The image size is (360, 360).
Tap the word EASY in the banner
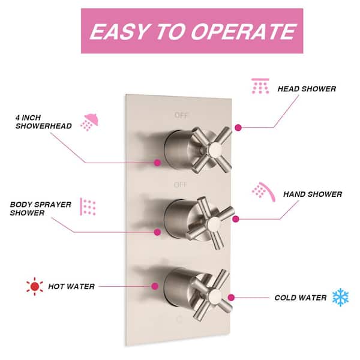[x=119, y=31]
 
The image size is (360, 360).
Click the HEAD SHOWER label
[x=307, y=89]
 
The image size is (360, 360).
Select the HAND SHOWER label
[x=313, y=194]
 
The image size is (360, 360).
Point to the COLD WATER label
[x=301, y=298]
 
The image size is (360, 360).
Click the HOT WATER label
[x=71, y=287]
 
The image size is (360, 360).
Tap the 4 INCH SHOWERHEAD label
[x=43, y=122]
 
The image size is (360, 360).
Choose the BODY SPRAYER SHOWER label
[x=40, y=209]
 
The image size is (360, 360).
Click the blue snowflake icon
[x=340, y=298]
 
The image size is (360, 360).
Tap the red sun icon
[x=35, y=286]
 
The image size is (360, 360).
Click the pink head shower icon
[x=260, y=86]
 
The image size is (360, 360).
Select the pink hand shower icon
[x=263, y=192]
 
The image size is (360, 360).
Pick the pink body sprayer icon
[x=88, y=206]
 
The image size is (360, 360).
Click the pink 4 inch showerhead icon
[x=89, y=122]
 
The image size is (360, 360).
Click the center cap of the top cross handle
[x=215, y=149]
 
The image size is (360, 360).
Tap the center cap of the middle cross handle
[x=214, y=224]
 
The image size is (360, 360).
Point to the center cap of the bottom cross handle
[x=215, y=296]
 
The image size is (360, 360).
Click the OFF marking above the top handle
[x=181, y=115]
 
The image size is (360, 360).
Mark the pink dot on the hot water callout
[x=155, y=286]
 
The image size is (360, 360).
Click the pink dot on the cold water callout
[x=231, y=298]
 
